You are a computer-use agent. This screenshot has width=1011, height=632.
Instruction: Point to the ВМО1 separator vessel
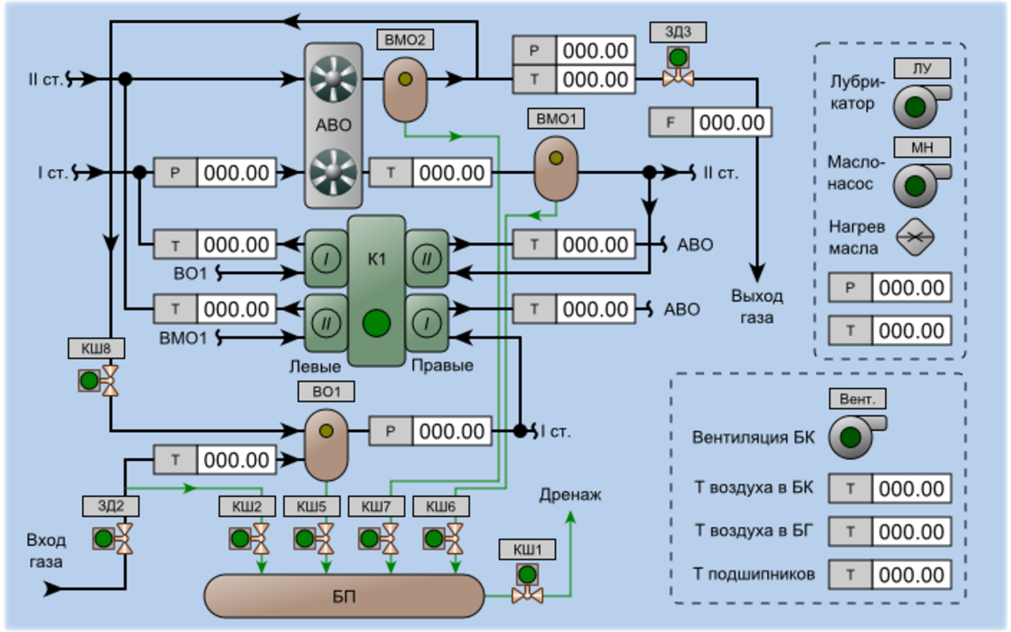[x=556, y=167]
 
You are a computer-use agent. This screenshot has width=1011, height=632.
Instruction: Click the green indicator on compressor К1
[x=377, y=322]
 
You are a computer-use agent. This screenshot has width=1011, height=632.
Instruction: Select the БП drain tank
[x=344, y=596]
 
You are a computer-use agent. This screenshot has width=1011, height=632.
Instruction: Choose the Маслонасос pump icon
[x=919, y=185]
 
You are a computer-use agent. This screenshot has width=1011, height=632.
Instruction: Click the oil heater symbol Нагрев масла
[x=915, y=235]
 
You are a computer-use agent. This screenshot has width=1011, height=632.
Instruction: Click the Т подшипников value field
[x=911, y=574]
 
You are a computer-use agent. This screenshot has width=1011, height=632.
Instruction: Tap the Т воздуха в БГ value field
[x=911, y=531]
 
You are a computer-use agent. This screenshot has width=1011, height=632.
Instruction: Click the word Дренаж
[x=570, y=495]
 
